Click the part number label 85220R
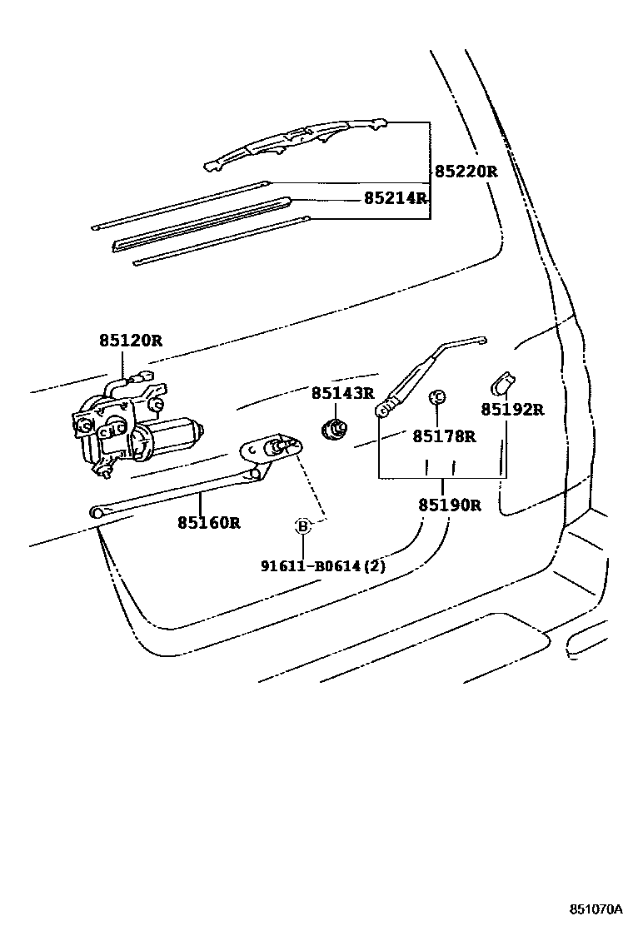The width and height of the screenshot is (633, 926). [465, 172]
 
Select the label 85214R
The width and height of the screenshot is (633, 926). [395, 198]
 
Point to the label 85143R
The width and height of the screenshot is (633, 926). [343, 392]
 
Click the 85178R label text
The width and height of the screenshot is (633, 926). [444, 436]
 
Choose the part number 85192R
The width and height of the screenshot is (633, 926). [511, 409]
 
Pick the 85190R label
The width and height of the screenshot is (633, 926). [449, 505]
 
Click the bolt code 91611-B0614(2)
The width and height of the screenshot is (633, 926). [322, 566]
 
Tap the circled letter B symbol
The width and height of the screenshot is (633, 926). [303, 525]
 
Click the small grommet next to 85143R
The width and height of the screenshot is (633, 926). [336, 430]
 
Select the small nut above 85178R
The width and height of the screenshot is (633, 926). [436, 396]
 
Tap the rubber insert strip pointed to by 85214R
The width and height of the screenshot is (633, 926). [200, 223]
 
